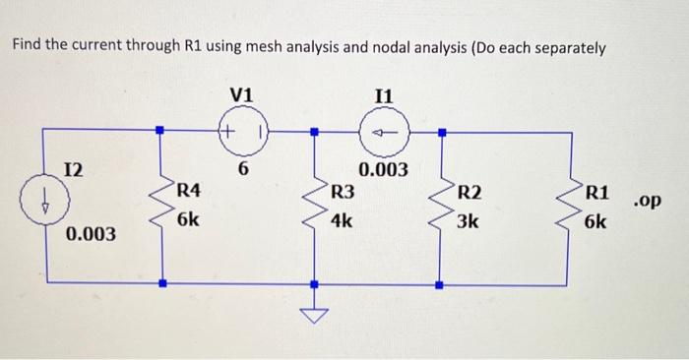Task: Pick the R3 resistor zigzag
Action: coord(315,207)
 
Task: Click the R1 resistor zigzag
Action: coord(570,207)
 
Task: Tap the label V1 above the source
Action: coord(241,94)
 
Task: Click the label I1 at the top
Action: coord(384,95)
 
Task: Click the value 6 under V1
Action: coord(242,169)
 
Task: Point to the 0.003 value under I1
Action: coord(383,169)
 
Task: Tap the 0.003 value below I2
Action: coord(91,235)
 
